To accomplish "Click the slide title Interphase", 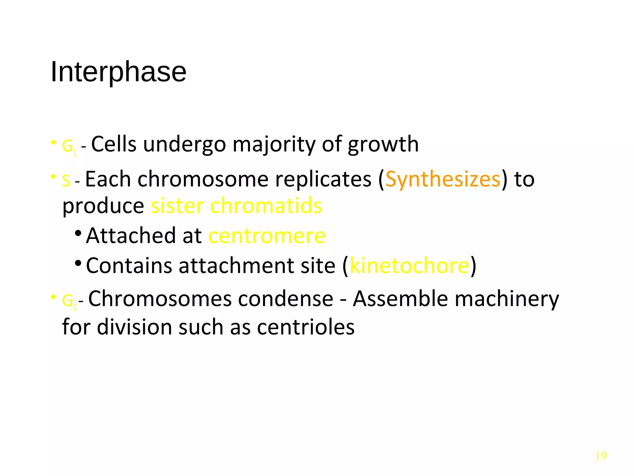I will [118, 72].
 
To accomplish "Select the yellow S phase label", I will [66, 180].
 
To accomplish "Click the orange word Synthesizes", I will [443, 179].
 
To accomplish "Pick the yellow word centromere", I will [267, 236].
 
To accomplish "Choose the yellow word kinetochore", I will [409, 266].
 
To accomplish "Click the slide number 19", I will [601, 456].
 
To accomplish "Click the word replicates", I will [323, 179].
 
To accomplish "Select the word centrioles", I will [306, 327].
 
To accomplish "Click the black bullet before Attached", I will [78, 233].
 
